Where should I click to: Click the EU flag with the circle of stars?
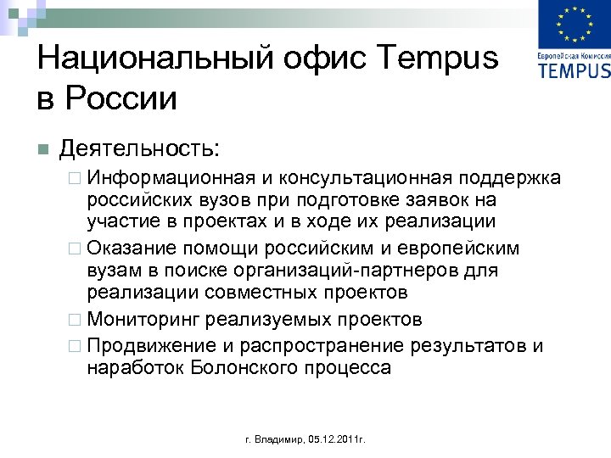575,25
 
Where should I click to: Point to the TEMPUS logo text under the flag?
575,70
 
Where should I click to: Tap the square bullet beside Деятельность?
42,150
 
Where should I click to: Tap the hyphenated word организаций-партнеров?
362,271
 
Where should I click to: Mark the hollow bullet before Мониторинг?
77,320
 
